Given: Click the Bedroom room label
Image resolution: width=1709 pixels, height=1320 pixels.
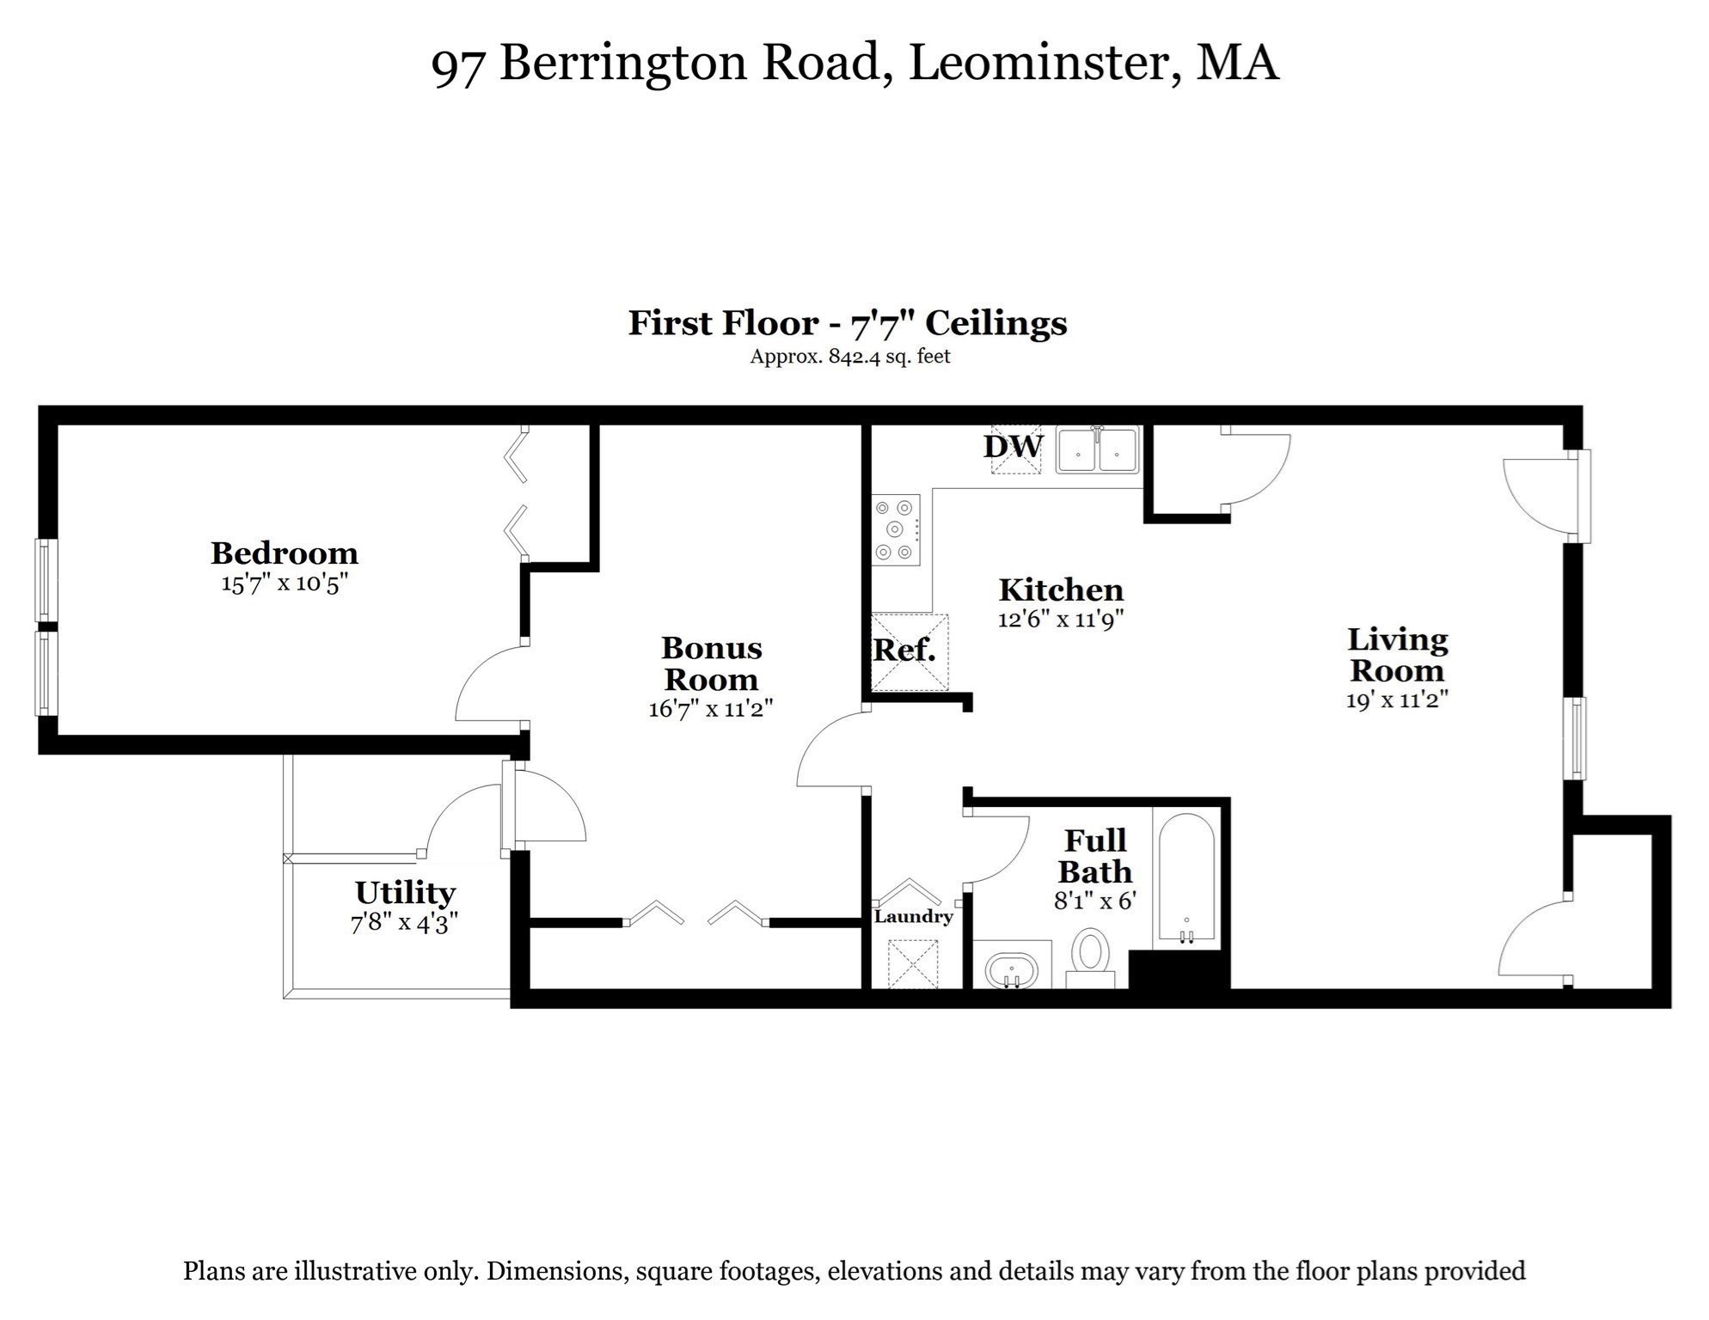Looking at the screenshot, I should [x=284, y=553].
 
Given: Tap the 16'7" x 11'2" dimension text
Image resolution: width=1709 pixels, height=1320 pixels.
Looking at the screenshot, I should [x=710, y=709].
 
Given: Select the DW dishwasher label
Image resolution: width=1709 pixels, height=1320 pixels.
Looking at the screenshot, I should [x=1013, y=447].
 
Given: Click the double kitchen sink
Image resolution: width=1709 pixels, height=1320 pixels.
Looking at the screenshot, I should [x=1098, y=449].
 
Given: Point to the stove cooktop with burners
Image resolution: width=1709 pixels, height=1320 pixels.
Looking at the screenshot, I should [x=896, y=529].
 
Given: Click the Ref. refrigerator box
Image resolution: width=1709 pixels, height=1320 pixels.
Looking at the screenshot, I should [x=909, y=652].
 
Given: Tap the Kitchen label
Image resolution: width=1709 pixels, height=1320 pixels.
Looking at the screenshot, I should [x=1061, y=590].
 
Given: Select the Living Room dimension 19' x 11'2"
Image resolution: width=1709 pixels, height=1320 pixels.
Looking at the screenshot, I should [x=1397, y=700].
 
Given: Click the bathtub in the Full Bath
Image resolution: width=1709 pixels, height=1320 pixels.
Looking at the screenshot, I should [x=1186, y=878].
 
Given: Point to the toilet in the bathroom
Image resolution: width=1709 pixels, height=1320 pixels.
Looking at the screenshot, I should [x=1091, y=956].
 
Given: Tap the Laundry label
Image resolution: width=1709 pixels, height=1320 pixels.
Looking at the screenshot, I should [x=913, y=916].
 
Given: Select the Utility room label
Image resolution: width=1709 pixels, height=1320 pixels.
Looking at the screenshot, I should [x=404, y=893].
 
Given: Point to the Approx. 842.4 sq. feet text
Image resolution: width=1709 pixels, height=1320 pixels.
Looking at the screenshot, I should [x=850, y=356].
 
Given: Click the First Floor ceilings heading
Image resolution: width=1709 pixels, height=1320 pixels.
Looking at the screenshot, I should [x=847, y=323].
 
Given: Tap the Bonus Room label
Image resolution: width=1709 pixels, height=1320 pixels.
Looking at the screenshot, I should [x=711, y=663].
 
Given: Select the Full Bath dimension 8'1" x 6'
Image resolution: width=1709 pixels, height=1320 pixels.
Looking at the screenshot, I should [x=1095, y=901].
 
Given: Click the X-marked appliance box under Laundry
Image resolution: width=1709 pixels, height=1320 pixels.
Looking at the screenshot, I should [x=913, y=964].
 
